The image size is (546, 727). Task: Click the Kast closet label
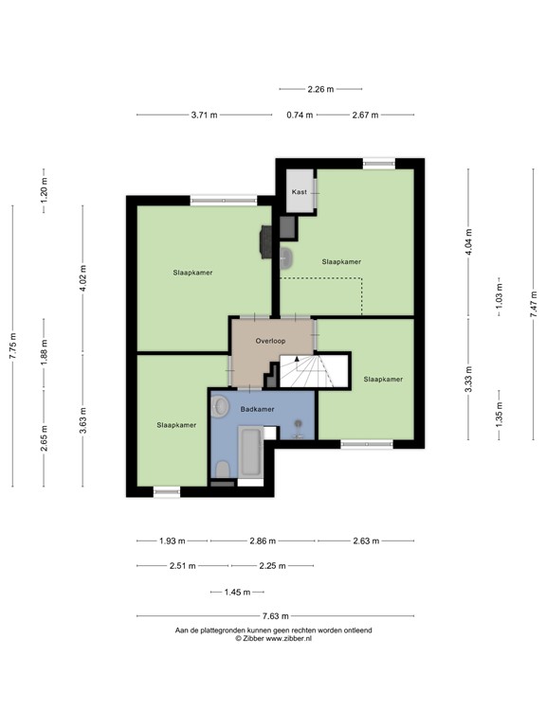click(300, 192)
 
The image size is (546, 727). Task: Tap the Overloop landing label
click(270, 340)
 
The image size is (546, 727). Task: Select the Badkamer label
click(257, 410)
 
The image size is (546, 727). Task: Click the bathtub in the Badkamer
click(251, 453)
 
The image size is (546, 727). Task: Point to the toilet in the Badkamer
click(221, 470)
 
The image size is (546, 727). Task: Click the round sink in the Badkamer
click(221, 407)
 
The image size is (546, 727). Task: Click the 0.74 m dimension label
click(300, 115)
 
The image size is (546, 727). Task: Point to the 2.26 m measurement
click(320, 90)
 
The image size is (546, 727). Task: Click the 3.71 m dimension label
click(204, 115)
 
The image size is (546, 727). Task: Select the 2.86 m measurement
click(263, 541)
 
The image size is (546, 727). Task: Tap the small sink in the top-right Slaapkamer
click(287, 255)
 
